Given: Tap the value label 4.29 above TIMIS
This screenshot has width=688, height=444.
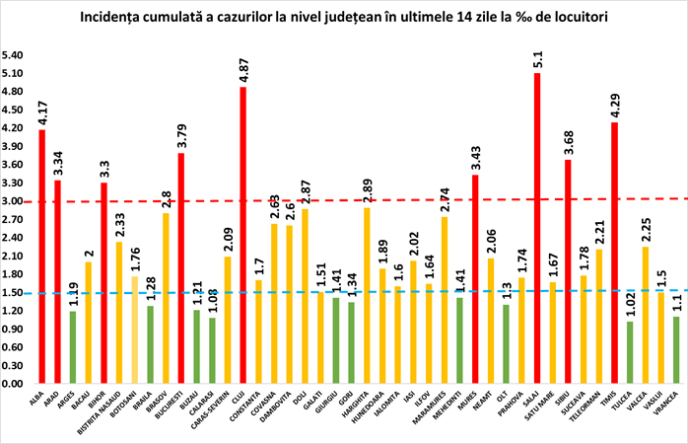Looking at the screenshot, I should (613, 104).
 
